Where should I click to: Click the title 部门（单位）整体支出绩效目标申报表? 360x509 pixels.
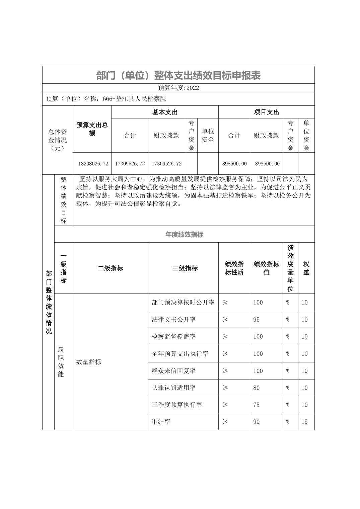pyautogui.click(x=178, y=75)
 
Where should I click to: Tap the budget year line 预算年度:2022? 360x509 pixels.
pyautogui.click(x=178, y=88)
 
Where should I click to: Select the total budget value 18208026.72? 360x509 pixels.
pyautogui.click(x=93, y=164)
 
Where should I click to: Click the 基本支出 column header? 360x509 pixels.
pyautogui.click(x=165, y=112)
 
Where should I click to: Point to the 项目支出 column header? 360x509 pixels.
pyautogui.click(x=266, y=112)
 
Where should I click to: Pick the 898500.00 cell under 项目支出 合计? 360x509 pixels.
pyautogui.click(x=234, y=164)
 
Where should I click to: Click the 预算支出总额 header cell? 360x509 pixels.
pyautogui.click(x=92, y=129)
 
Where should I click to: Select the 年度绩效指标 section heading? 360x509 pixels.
pyautogui.click(x=184, y=235)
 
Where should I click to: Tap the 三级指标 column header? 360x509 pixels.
pyautogui.click(x=185, y=268)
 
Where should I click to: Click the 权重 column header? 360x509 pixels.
pyautogui.click(x=306, y=268)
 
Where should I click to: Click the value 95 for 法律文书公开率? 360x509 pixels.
pyautogui.click(x=257, y=320)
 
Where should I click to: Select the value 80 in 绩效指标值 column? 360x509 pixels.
pyautogui.click(x=257, y=388)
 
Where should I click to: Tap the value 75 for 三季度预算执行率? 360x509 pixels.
pyautogui.click(x=257, y=405)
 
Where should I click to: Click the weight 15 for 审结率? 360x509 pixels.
pyautogui.click(x=304, y=422)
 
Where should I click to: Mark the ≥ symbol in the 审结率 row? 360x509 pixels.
pyautogui.click(x=225, y=422)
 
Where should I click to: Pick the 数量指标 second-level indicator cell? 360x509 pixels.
pyautogui.click(x=89, y=362)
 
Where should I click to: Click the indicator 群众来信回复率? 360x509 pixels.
pyautogui.click(x=173, y=371)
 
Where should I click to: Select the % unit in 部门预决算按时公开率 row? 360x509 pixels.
pyautogui.click(x=288, y=303)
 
